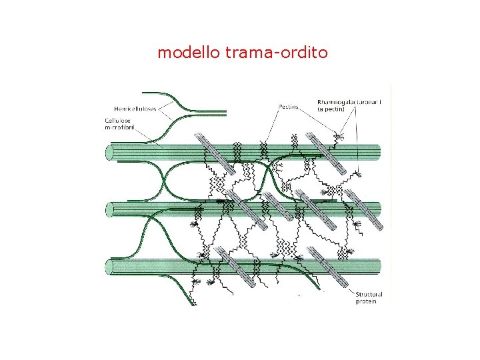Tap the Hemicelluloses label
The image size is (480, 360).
coord(135,109)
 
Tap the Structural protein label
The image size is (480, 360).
coord(368,297)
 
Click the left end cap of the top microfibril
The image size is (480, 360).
coord(111,153)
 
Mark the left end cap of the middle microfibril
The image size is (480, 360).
coord(111,210)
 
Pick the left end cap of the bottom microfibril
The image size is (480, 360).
coord(111,267)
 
